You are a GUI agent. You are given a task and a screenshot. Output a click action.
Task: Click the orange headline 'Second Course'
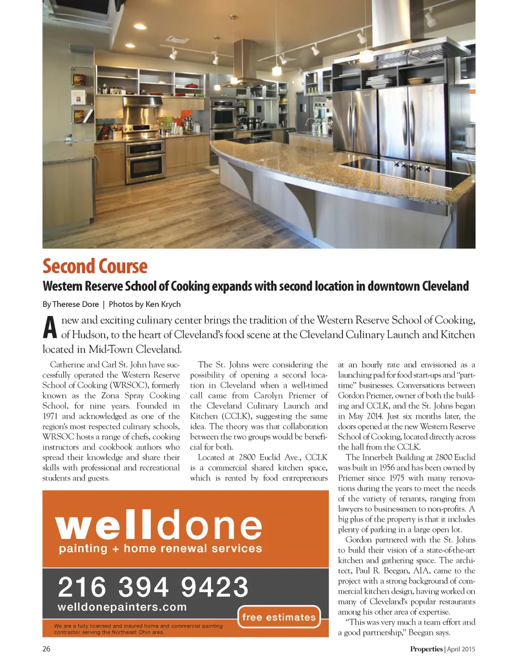click(95, 266)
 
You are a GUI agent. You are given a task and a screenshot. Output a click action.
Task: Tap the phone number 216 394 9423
click(153, 588)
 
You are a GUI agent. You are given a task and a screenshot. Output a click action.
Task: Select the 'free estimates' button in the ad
click(279, 617)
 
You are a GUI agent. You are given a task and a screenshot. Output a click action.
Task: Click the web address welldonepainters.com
click(122, 607)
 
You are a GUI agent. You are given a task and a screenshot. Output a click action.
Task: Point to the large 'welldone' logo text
click(159, 525)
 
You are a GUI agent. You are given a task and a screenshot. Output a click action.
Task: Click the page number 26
click(47, 649)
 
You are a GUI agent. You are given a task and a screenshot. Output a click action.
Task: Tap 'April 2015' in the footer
click(461, 649)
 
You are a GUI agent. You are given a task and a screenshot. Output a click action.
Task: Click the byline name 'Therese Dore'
click(75, 304)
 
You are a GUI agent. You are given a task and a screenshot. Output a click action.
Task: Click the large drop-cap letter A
click(50, 328)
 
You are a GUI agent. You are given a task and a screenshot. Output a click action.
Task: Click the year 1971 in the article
click(51, 416)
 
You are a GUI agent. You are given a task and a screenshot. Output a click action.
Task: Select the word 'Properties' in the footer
click(426, 649)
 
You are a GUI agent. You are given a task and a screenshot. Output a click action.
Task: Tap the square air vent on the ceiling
click(178, 40)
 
